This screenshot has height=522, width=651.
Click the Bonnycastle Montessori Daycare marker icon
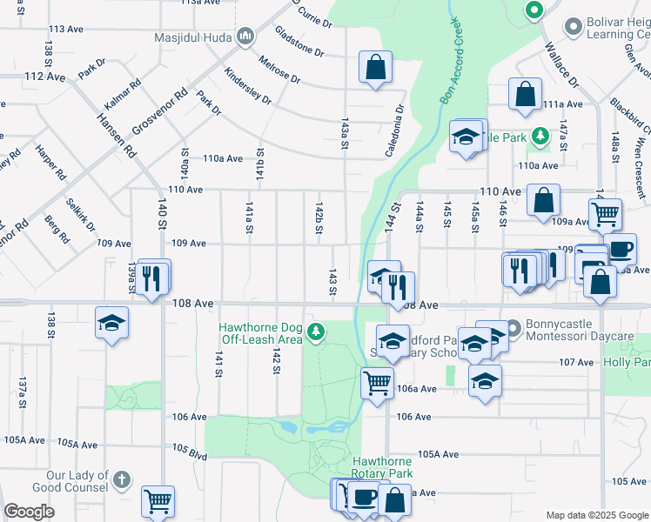coord(512,328)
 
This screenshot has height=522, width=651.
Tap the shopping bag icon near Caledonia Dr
coord(375,66)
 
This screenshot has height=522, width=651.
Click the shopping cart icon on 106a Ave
coord(377,381)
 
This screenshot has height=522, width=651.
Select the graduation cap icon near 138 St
coord(112,323)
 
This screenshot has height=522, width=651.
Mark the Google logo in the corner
coord(29,512)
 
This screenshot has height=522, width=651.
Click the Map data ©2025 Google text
coord(596,515)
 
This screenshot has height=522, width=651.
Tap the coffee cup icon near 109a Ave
coord(620,249)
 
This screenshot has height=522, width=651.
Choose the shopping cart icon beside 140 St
coord(158,500)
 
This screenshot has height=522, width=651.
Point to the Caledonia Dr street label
coord(396,131)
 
